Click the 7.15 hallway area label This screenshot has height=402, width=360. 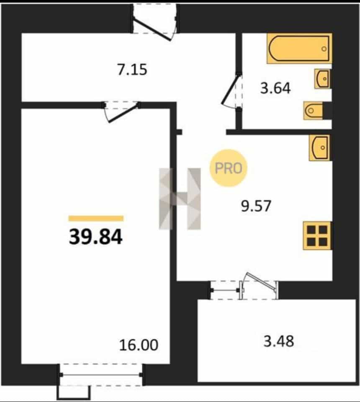click(132, 70)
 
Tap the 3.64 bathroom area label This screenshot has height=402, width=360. click(275, 88)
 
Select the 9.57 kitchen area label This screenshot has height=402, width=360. click(256, 206)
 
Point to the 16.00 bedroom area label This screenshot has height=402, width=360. click(139, 345)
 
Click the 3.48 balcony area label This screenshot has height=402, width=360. click(279, 342)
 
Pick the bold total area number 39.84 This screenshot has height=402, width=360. click(95, 237)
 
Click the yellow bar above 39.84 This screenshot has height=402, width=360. click(96, 219)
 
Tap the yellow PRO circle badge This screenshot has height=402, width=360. click(228, 168)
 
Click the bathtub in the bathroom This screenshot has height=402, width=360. click(299, 49)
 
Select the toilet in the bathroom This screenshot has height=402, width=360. click(313, 111)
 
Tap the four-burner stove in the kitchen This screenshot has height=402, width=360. click(317, 235)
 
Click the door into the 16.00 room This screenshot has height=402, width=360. click(122, 112)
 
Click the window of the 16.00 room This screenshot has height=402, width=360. click(101, 374)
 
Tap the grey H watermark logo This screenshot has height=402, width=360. click(180, 198)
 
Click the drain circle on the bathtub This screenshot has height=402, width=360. click(324, 49)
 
